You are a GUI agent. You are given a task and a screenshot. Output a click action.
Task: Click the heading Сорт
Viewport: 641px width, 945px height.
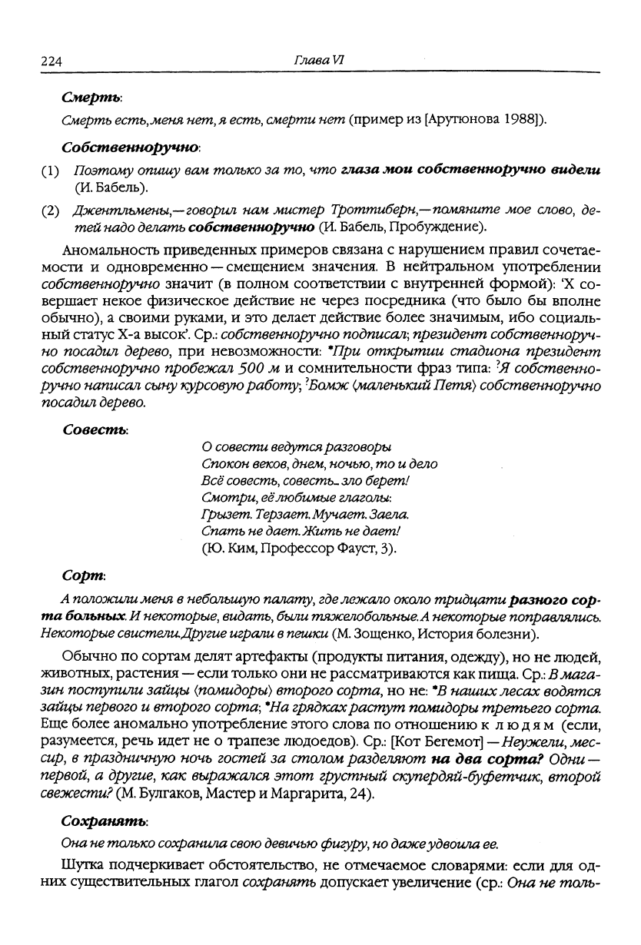(x=84, y=575)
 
